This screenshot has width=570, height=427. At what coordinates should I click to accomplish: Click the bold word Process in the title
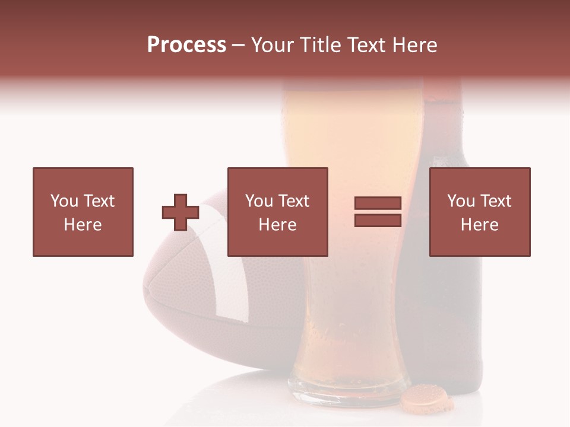(186, 45)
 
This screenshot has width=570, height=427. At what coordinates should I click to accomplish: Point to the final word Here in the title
(415, 45)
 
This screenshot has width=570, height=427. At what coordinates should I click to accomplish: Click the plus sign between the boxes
(180, 212)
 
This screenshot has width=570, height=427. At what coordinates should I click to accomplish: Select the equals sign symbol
(378, 212)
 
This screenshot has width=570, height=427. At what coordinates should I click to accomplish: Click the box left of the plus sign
(83, 212)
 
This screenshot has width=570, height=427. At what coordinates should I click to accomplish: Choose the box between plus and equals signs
(277, 212)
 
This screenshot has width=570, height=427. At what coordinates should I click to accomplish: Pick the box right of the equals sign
(479, 212)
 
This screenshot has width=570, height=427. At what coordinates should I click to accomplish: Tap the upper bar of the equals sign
(378, 203)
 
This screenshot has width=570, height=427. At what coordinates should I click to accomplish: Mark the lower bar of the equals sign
(378, 220)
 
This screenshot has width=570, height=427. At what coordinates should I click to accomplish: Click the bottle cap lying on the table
(426, 399)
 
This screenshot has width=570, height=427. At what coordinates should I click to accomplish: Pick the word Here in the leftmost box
(83, 224)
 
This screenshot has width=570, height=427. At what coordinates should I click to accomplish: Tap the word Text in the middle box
(293, 201)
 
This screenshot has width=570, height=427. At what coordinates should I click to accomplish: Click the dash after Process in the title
(238, 45)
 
